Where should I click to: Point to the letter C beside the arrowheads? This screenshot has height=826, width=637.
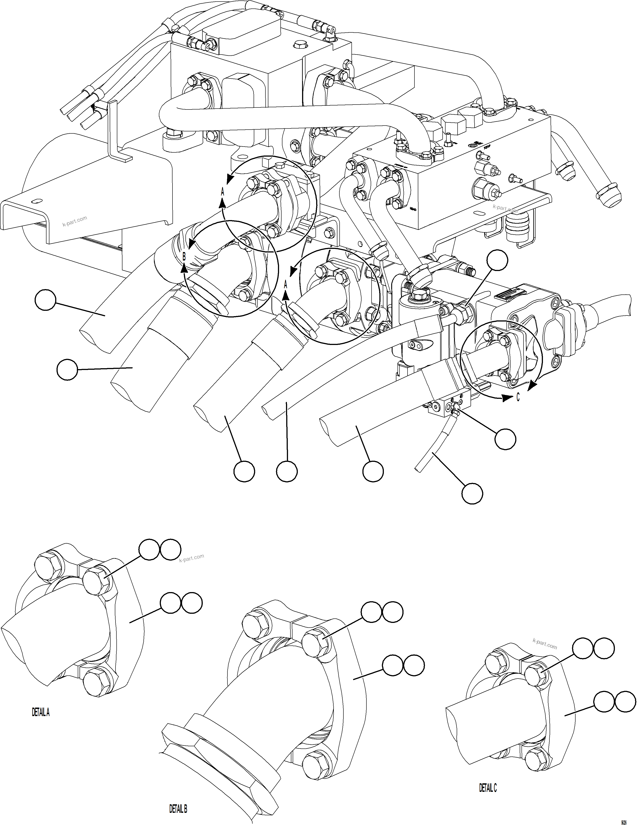coord(518,397)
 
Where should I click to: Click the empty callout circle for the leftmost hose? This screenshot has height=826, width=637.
coord(45,300)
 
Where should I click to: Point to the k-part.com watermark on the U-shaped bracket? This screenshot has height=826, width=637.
coord(75,221)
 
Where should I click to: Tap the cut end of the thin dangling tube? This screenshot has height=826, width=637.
coord(417,469)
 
